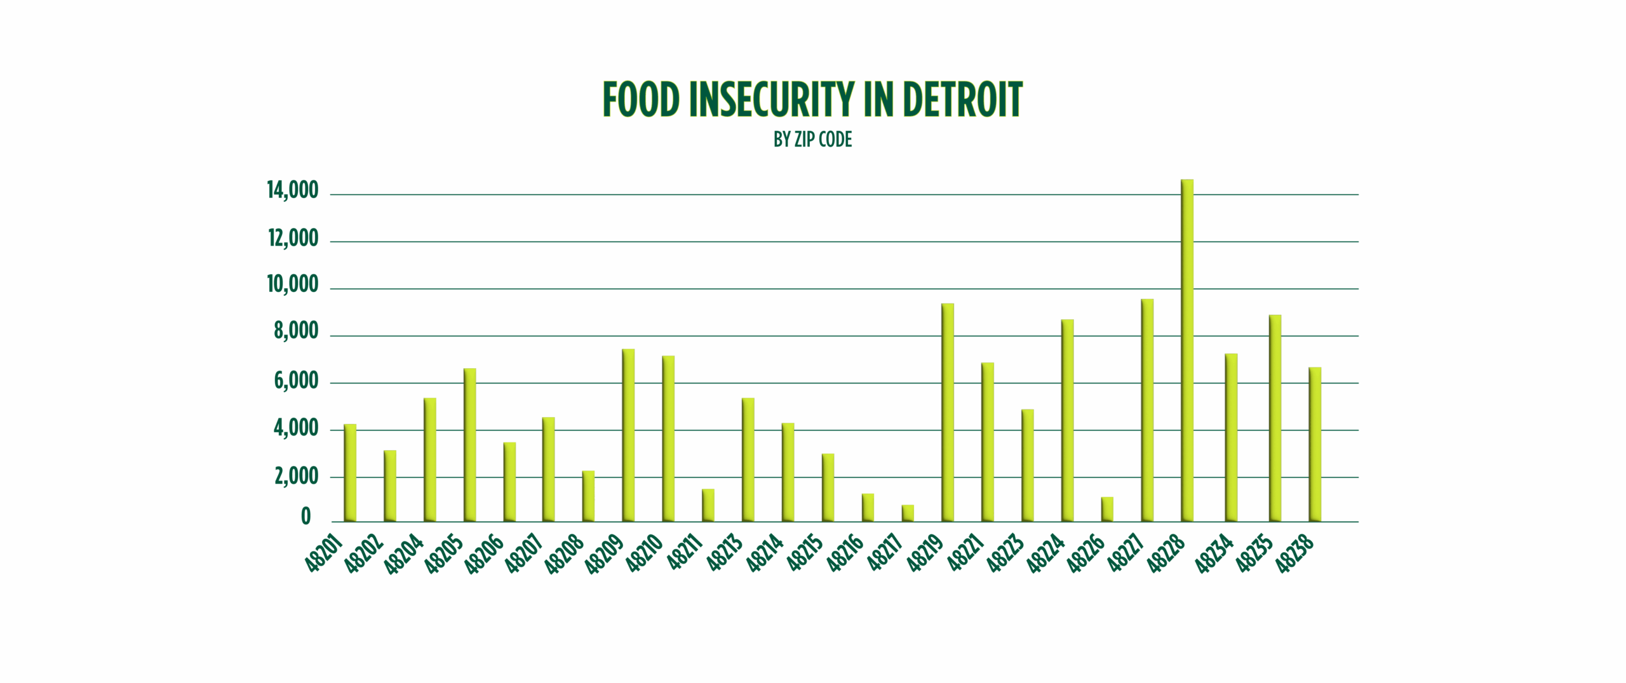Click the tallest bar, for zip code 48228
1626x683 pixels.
[x=1187, y=350]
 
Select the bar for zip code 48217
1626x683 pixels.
[x=908, y=513]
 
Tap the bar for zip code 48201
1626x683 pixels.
[x=350, y=473]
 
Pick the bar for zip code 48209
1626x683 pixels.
[x=628, y=435]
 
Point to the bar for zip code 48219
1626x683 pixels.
[x=948, y=413]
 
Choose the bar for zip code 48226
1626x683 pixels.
[x=1107, y=509]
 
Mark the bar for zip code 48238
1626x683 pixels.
[x=1315, y=444]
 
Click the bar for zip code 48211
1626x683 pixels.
[x=708, y=505]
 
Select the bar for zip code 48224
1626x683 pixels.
[x=1067, y=420]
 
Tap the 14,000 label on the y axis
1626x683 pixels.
[x=293, y=190]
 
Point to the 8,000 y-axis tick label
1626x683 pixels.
[x=296, y=332]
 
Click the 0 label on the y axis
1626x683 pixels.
[x=306, y=517]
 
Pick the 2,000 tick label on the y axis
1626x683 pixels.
[x=296, y=477]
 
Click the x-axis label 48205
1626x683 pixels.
[x=444, y=554]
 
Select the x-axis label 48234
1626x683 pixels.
[x=1214, y=554]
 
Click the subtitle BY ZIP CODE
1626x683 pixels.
[x=812, y=140]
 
